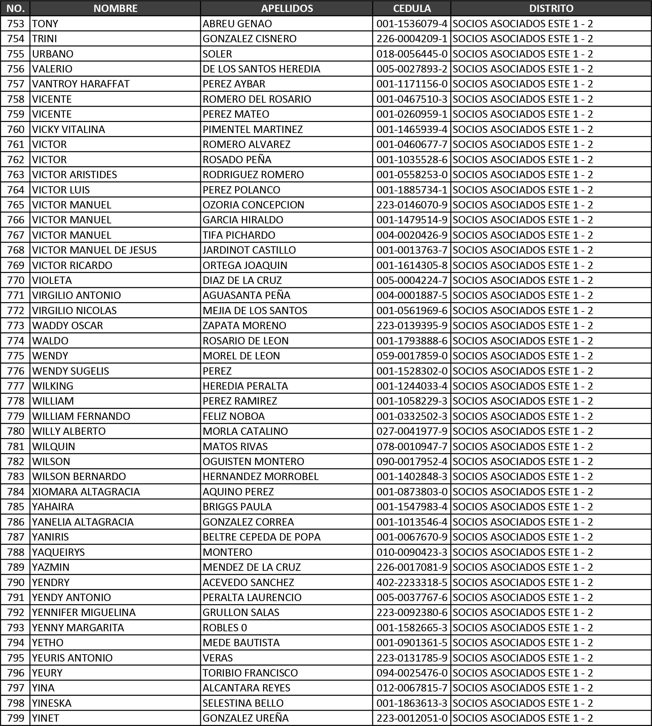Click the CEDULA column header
[411, 8]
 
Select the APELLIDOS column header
[287, 8]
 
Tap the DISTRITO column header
[551, 8]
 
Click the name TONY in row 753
[45, 24]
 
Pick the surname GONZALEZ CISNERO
[249, 39]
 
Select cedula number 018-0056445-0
[411, 54]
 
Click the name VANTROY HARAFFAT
[81, 84]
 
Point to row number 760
[16, 129]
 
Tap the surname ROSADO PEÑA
[237, 159]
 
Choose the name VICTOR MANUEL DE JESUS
[94, 250]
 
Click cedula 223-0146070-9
[411, 205]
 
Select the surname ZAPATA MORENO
[244, 325]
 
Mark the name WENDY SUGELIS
[71, 371]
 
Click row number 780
[16, 431]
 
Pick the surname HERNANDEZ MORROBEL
[260, 476]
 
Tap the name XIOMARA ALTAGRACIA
[86, 492]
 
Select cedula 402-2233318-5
[411, 582]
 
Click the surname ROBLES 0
[225, 628]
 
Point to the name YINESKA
[52, 703]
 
